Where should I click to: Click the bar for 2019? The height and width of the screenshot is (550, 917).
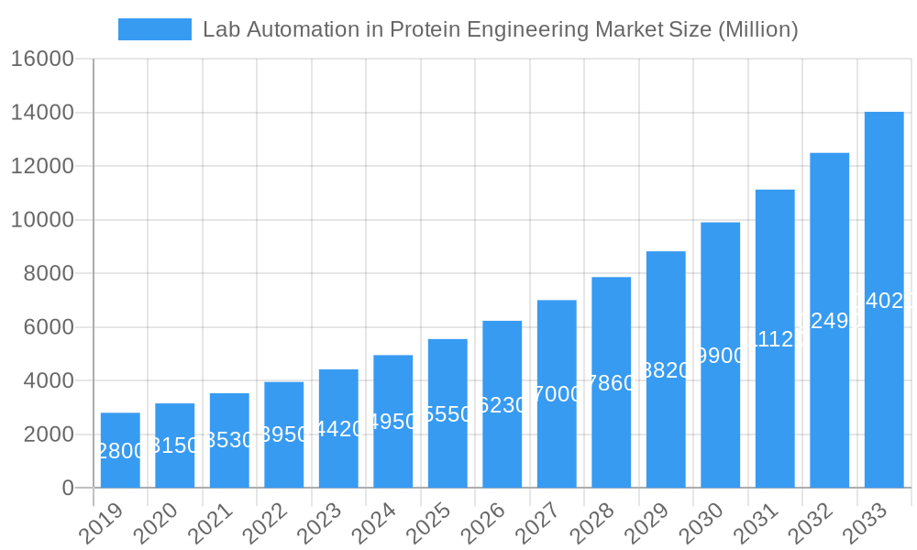[x=120, y=450]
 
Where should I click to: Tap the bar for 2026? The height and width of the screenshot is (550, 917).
[x=503, y=404]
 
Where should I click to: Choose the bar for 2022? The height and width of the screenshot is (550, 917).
[x=284, y=434]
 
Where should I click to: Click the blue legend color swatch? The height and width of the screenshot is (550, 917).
[x=155, y=29]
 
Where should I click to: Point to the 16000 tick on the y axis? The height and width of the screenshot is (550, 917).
[x=41, y=60]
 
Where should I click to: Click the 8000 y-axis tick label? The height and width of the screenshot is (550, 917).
[x=48, y=274]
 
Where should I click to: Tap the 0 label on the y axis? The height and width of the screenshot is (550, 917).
[x=68, y=489]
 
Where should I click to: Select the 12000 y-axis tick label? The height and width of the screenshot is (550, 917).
[x=41, y=167]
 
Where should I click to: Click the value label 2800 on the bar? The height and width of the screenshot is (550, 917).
[x=120, y=451]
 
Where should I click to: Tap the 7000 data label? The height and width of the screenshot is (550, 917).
[x=557, y=394]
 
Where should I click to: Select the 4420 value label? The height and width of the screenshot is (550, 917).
[x=338, y=429]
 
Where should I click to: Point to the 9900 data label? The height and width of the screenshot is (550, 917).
[x=721, y=356]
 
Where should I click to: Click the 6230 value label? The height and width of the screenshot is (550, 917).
[x=503, y=405]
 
